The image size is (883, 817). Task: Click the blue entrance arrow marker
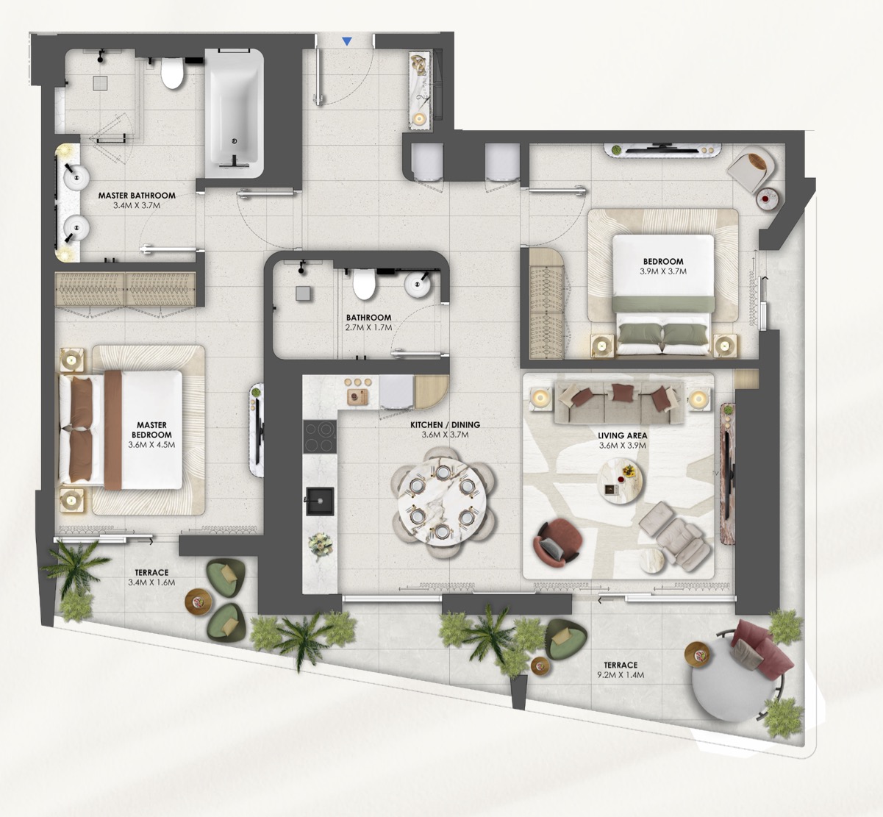[347, 41]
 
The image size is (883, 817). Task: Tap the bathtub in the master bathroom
[235, 113]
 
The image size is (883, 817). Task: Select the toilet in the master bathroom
[172, 74]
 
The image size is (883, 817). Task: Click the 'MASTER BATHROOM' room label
[137, 196]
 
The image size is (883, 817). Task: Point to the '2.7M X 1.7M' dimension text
[368, 328]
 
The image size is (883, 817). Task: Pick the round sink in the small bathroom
[418, 283]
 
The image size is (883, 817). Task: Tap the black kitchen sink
[319, 501]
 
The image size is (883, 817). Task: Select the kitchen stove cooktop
[320, 437]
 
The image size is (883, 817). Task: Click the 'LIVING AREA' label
[622, 435]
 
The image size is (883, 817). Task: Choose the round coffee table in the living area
[620, 480]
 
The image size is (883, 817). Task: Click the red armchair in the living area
[558, 542]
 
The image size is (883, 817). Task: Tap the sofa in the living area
[619, 404]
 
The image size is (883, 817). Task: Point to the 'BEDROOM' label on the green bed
[663, 262]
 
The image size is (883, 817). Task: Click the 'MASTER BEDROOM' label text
[151, 430]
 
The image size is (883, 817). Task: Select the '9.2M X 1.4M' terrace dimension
[621, 674]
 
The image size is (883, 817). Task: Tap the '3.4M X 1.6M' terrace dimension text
[151, 582]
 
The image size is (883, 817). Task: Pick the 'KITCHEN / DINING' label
[445, 425]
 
